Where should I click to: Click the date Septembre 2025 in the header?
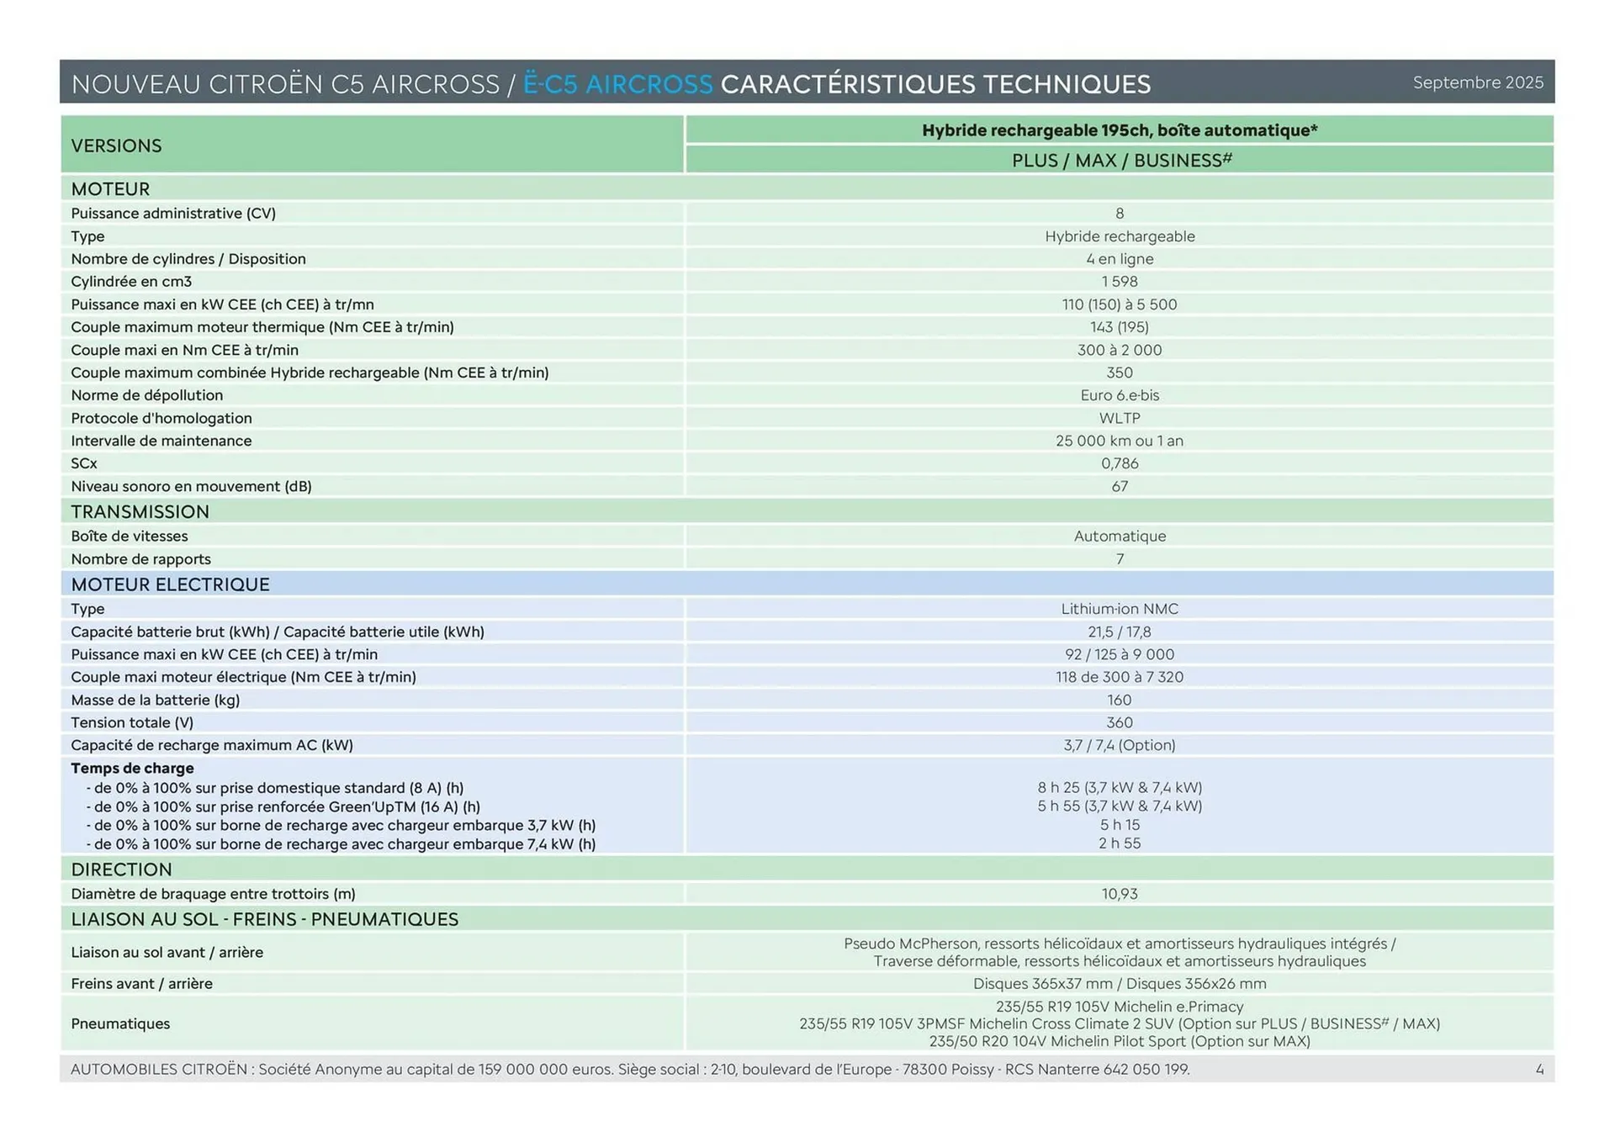[1477, 82]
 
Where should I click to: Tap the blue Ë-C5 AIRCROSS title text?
[617, 84]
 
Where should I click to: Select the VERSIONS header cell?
[116, 145]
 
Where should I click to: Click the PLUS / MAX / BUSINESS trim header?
[1120, 160]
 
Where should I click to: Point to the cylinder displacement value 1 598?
[1119, 282]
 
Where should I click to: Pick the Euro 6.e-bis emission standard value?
[1119, 395]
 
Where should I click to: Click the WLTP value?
[1119, 418]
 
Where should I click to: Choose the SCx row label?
[84, 463]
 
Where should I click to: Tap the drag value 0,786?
[1119, 463]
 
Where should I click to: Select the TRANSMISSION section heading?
[140, 511]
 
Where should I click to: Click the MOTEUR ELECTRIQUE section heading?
[170, 584]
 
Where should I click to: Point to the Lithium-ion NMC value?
[1119, 609]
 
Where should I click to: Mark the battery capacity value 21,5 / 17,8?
[1119, 632]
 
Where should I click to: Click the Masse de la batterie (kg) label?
[155, 700]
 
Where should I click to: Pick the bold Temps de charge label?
[132, 768]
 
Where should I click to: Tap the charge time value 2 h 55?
[1119, 843]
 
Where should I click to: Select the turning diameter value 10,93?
[1119, 894]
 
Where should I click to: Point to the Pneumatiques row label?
[120, 1023]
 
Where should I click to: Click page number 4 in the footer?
[1539, 1070]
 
